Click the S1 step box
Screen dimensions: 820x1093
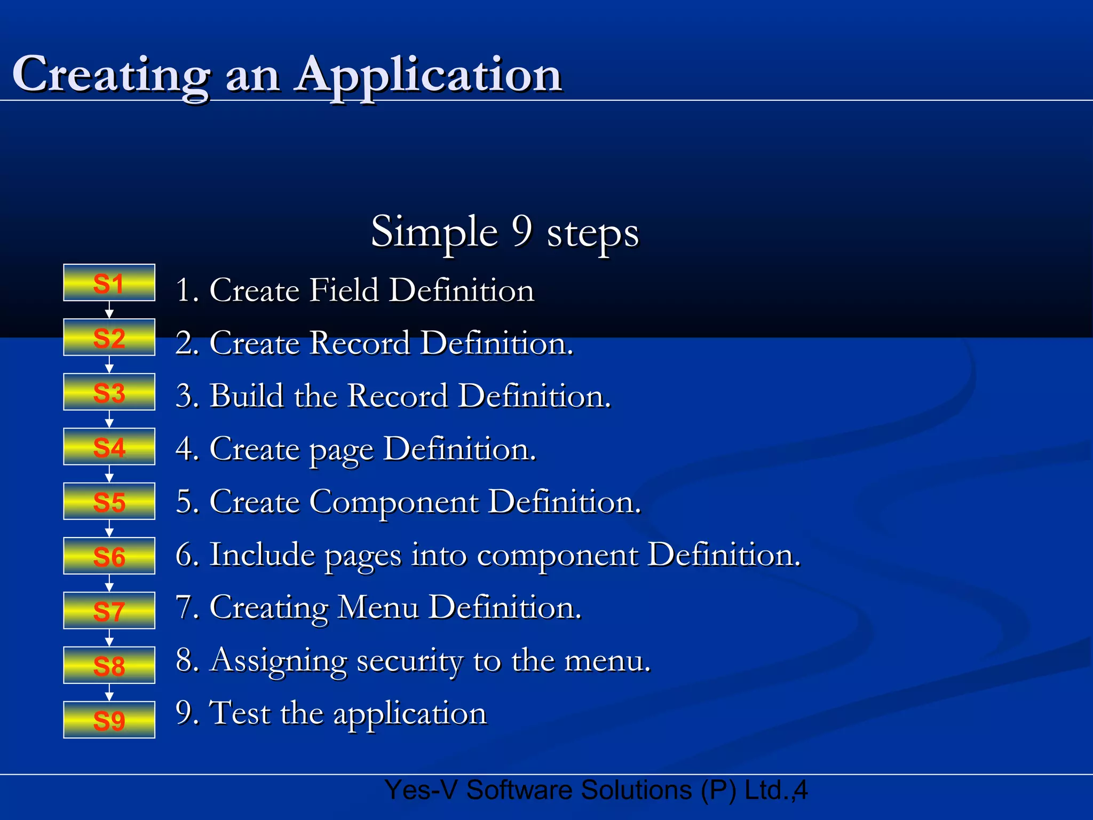109,283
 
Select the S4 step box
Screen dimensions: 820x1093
109,447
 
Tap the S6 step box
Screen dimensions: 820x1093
109,556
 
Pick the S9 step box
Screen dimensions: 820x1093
109,720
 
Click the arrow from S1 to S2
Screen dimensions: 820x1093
109,310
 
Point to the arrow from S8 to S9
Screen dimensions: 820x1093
109,692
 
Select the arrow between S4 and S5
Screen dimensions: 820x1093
109,474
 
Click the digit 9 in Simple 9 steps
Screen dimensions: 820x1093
522,231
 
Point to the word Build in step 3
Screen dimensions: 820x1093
247,396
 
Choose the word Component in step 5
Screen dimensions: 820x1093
394,502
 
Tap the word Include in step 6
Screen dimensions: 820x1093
262,554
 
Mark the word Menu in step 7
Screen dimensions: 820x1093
378,608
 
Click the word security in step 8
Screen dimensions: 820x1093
409,661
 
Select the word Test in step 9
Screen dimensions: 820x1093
240,713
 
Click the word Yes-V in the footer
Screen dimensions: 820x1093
421,790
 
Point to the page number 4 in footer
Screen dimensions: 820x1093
801,790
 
